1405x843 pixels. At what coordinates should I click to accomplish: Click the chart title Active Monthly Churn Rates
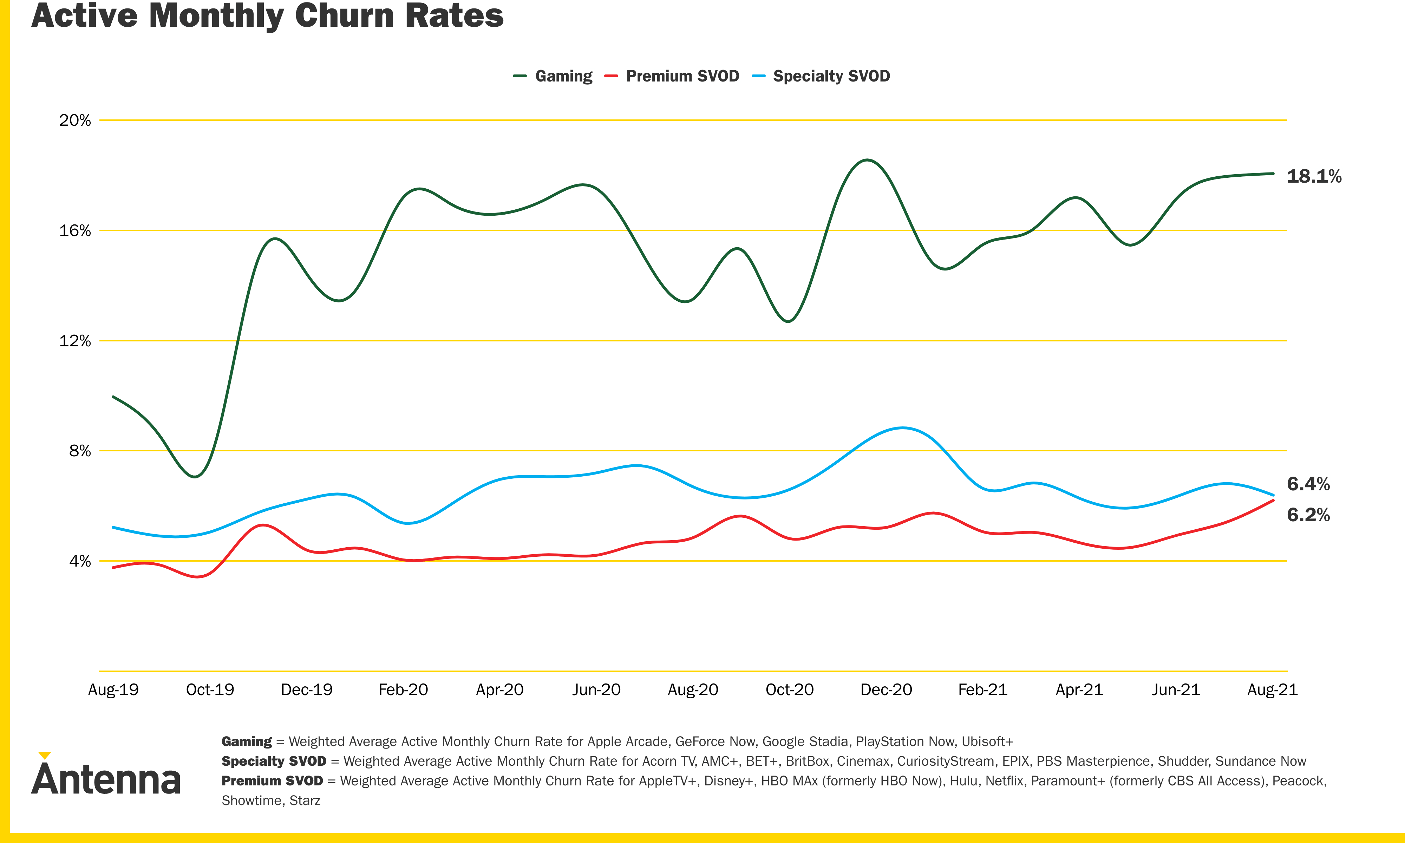point(267,16)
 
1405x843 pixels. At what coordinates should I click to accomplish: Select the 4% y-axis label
point(79,561)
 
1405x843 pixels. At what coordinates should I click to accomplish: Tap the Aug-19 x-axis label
point(113,690)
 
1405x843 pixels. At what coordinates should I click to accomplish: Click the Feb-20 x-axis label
point(403,690)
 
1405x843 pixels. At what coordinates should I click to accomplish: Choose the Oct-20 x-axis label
point(789,690)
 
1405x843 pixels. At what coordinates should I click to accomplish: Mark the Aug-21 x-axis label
point(1272,690)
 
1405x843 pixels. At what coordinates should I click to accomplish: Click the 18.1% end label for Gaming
point(1314,176)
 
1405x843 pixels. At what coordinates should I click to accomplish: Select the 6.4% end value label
point(1308,484)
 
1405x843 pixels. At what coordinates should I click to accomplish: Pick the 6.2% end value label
point(1308,515)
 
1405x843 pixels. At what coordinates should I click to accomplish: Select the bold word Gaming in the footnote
point(247,741)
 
